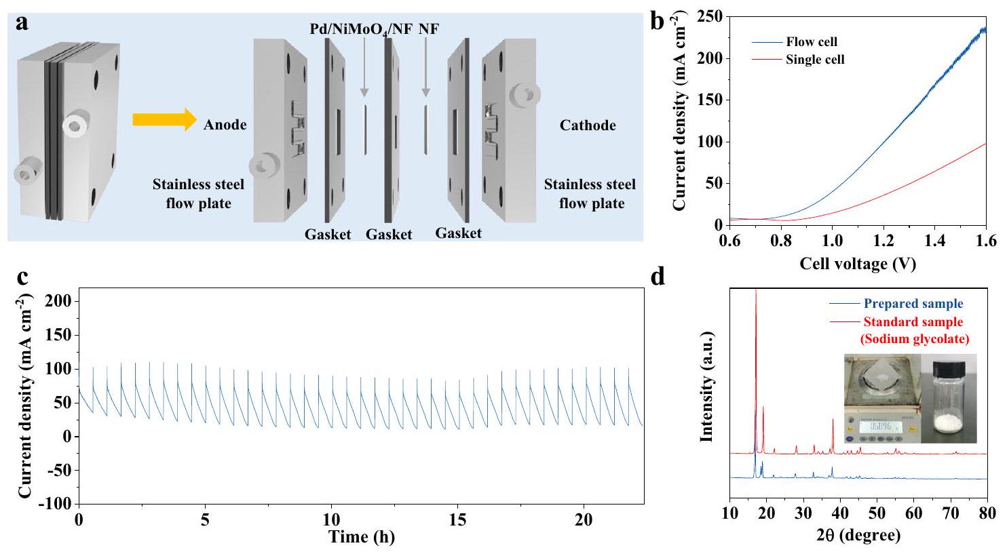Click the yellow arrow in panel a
pos(162,120)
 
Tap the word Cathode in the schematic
pos(588,125)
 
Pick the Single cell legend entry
pos(815,60)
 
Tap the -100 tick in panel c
pos(54,504)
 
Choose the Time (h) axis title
pos(362,538)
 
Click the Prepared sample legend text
pos(913,304)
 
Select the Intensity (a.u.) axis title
pos(708,387)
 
